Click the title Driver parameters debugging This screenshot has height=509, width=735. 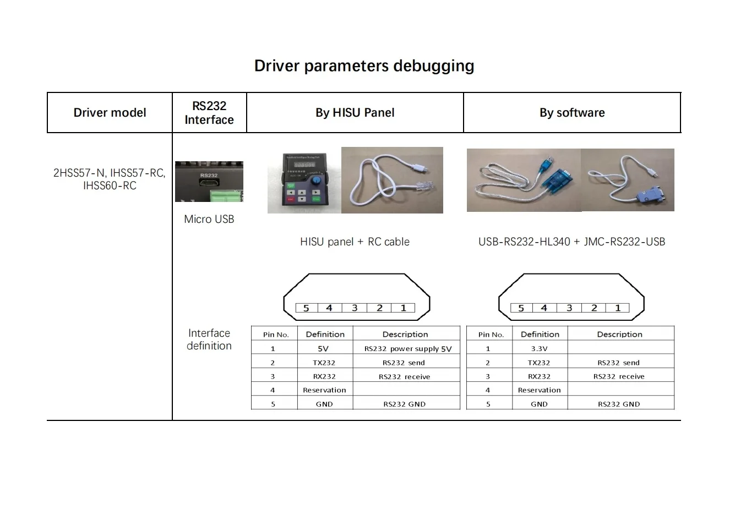pyautogui.click(x=364, y=66)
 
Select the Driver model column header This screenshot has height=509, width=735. pyautogui.click(x=110, y=113)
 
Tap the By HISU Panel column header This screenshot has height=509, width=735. pyautogui.click(x=355, y=113)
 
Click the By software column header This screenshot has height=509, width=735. pyautogui.click(x=572, y=113)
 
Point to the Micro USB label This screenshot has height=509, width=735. pyautogui.click(x=209, y=219)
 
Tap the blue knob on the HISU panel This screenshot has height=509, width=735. pyautogui.click(x=316, y=180)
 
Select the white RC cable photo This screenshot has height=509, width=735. pyautogui.click(x=392, y=180)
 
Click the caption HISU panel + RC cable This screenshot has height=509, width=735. pyautogui.click(x=355, y=242)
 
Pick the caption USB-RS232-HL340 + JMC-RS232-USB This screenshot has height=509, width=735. pyautogui.click(x=571, y=242)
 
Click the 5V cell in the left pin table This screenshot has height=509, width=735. pyautogui.click(x=324, y=348)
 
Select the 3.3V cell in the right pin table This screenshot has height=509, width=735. pyautogui.click(x=539, y=348)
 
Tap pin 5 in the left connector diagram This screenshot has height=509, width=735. pyautogui.click(x=306, y=308)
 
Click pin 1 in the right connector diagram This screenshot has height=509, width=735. pyautogui.click(x=618, y=308)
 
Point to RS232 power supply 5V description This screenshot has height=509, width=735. pyautogui.click(x=407, y=348)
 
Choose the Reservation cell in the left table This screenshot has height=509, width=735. pyautogui.click(x=324, y=390)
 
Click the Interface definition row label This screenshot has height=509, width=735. pyautogui.click(x=209, y=340)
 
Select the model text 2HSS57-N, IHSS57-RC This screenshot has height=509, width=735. pyautogui.click(x=110, y=173)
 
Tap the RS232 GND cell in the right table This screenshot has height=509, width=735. pyautogui.click(x=619, y=404)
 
